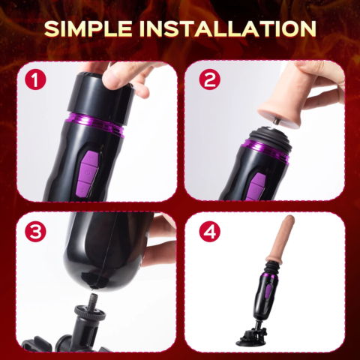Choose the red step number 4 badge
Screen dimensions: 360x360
[x=208, y=231]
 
